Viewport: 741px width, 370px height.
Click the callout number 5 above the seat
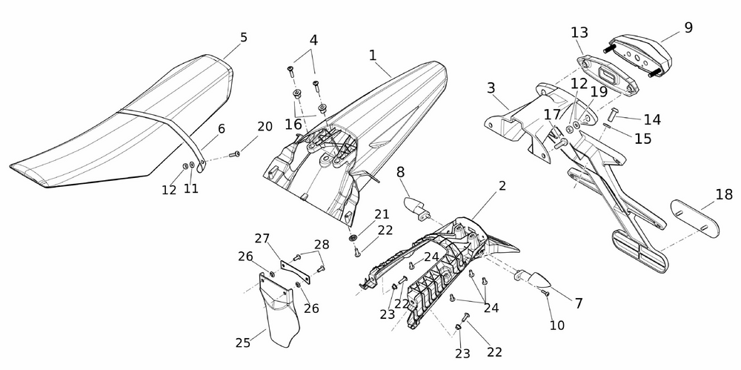(x=244, y=37)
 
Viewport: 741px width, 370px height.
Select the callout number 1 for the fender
(x=372, y=55)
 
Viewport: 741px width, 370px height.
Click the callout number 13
(x=579, y=33)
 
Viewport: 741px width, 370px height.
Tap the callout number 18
(x=724, y=196)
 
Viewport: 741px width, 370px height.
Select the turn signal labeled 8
(x=416, y=207)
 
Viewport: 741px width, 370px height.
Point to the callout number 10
(x=556, y=324)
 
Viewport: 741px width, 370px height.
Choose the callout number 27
(x=262, y=238)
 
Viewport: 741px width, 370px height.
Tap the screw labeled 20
(x=236, y=153)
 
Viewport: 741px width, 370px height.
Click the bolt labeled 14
(x=613, y=116)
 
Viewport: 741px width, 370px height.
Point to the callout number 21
(x=382, y=214)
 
